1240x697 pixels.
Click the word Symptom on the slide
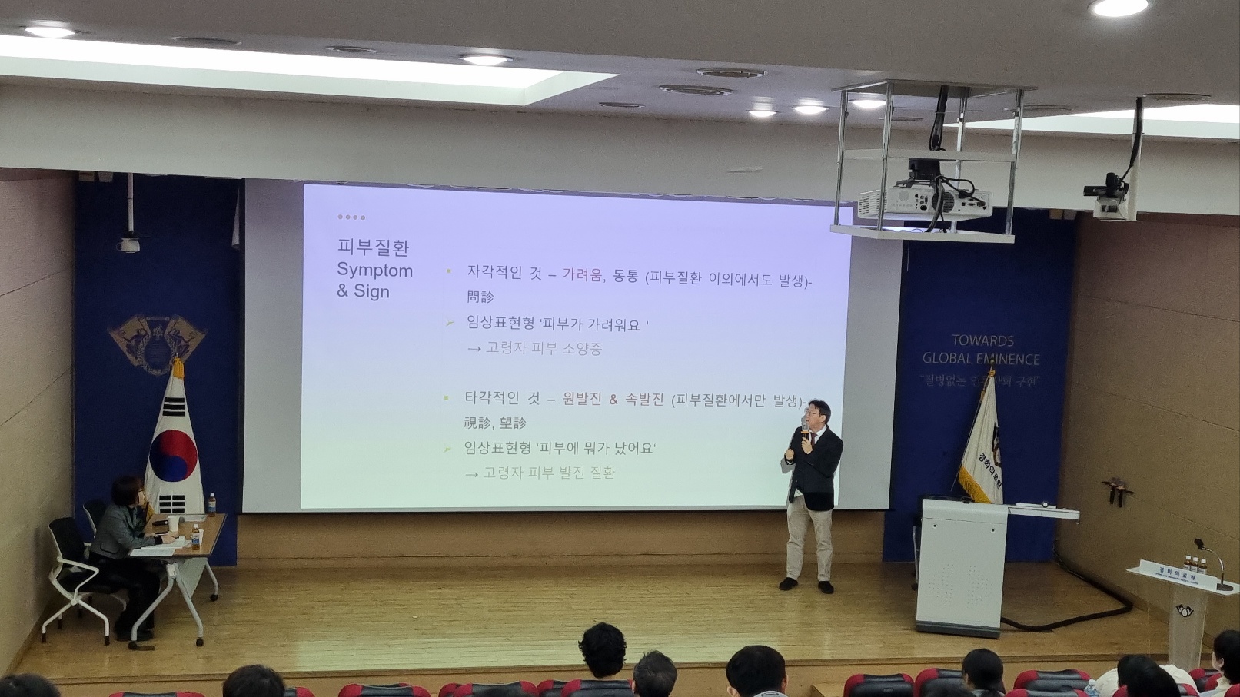[x=374, y=271]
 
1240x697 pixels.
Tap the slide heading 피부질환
[x=373, y=247]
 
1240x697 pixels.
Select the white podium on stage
[x=961, y=565]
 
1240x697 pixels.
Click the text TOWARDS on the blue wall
[x=982, y=340]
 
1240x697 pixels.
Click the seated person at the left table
[x=127, y=538]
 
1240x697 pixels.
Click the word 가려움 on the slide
[x=583, y=275]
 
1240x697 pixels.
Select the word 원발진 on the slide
[x=581, y=400]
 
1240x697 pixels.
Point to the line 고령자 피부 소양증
[x=543, y=348]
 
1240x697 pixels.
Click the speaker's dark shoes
[x=806, y=586]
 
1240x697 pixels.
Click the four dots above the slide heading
[x=351, y=217]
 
